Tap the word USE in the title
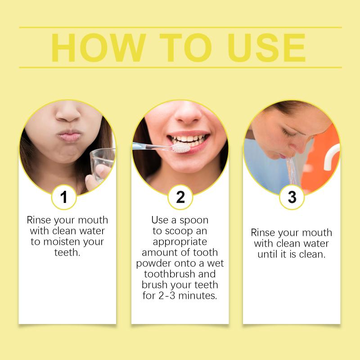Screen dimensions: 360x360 pos(266,48)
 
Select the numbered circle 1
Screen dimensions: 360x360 pos(64,197)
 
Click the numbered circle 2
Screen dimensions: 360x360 pos(180,197)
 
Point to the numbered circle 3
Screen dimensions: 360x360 pos(292,197)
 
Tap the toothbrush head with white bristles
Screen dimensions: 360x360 pos(181,148)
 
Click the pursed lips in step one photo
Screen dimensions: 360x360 pos(70,135)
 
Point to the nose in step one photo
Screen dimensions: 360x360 pos(68,112)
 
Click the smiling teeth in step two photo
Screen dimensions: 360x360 pos(189,139)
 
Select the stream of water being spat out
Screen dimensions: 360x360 pos(292,171)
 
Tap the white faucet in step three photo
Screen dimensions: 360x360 pos(331,157)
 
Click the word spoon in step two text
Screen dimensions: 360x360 pos(194,220)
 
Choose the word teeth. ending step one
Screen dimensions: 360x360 pos(67,252)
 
